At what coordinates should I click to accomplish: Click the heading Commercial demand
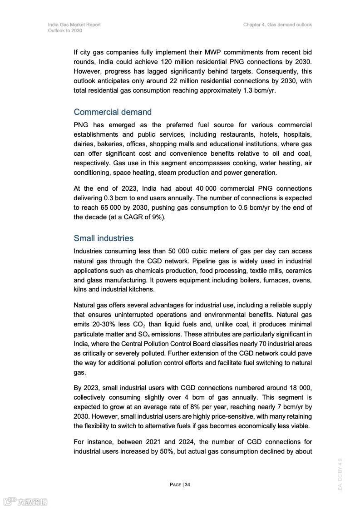click(113, 112)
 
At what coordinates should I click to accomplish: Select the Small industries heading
click(104, 238)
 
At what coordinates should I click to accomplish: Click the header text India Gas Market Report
click(74, 25)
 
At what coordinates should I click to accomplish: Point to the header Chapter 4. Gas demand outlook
click(277, 25)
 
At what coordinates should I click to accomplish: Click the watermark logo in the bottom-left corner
click(25, 501)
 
